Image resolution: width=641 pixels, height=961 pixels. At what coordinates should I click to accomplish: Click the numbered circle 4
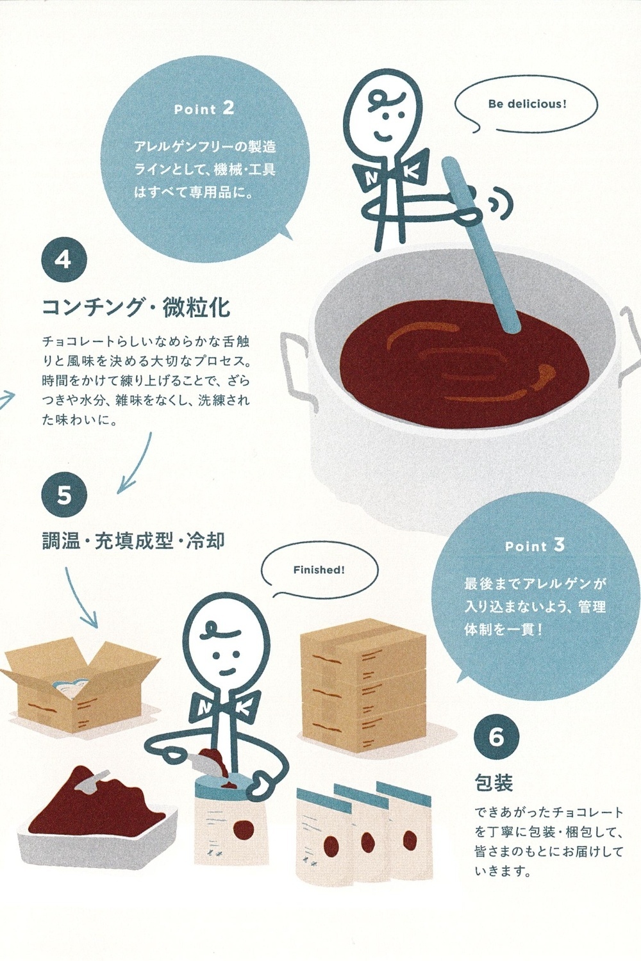64,260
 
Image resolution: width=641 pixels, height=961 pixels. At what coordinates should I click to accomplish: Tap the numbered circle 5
64,495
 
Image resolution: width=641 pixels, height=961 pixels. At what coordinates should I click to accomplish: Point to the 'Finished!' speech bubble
319,570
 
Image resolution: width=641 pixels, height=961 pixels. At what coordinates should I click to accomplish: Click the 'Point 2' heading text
204,109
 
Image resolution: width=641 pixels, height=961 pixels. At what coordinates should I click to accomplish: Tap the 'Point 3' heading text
535,546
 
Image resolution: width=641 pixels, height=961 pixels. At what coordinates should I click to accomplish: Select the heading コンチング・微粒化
136,307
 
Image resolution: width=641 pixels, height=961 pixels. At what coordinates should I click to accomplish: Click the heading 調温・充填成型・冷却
133,541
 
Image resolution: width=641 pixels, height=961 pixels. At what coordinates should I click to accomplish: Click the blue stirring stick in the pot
480,246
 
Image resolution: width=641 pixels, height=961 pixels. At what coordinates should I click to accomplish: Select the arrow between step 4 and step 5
137,463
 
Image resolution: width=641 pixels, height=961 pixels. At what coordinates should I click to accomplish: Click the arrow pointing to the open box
79,597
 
